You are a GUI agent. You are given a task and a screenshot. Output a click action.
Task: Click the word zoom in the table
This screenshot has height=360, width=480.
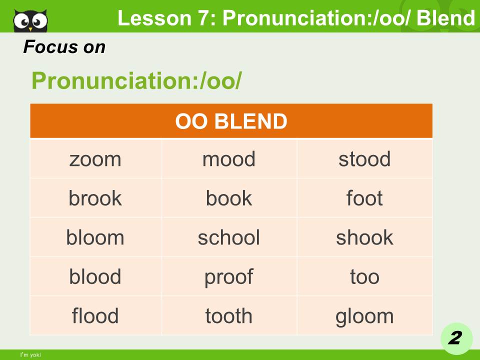95,159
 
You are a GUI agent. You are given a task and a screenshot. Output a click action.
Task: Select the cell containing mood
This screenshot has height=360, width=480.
228,159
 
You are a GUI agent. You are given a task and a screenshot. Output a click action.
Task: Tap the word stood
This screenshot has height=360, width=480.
364,159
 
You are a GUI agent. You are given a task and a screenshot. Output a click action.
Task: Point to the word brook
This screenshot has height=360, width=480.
95,198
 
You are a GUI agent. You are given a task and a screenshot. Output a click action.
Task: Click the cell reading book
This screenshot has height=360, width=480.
228,198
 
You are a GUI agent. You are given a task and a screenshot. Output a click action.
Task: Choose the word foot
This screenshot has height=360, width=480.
364,198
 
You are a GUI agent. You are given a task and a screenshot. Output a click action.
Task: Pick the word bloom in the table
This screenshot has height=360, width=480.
95,237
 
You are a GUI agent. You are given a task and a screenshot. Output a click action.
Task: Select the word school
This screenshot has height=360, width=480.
228,237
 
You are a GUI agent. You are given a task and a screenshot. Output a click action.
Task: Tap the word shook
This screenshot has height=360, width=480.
364,237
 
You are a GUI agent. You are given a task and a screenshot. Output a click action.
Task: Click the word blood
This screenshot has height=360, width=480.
95,276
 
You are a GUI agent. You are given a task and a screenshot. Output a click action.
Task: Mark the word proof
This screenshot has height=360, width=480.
228,276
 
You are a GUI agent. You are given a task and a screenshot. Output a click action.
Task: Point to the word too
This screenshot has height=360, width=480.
364,276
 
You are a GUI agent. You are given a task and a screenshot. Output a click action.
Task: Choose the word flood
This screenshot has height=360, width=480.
95,316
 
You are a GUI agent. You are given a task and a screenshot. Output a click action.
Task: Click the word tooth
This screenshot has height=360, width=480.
228,316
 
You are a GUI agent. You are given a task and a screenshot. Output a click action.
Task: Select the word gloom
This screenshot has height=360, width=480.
364,316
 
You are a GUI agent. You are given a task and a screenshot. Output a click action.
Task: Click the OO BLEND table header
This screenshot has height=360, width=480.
231,121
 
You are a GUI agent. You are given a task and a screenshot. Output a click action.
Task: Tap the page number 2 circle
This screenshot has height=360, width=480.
455,338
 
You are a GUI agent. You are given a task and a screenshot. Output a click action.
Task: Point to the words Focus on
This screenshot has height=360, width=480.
64,47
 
